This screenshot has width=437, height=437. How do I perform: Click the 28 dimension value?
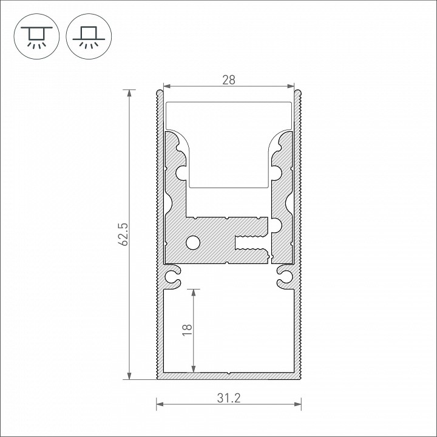coord(229,80)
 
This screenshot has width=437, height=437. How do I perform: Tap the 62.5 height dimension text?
coord(123,234)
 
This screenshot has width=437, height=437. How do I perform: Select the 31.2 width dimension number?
coord(229,398)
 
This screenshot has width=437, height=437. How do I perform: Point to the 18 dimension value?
coord(188,330)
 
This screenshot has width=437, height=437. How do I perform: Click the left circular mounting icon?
coord(36,36)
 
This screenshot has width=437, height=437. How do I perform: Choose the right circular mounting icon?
coord(89,36)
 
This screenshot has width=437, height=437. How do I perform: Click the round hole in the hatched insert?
coord(193,242)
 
